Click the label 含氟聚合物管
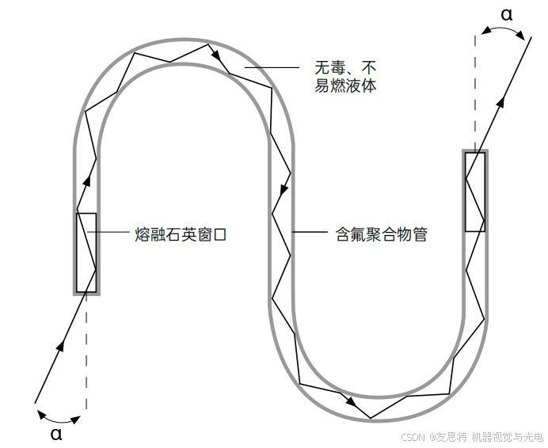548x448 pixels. click(x=377, y=234)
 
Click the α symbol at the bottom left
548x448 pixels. click(x=55, y=433)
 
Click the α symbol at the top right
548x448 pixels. click(x=507, y=13)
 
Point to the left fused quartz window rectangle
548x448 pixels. click(x=86, y=252)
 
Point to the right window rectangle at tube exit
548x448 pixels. click(x=475, y=192)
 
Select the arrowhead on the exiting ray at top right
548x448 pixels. click(x=501, y=98)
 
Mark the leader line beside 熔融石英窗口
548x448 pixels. click(x=113, y=233)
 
